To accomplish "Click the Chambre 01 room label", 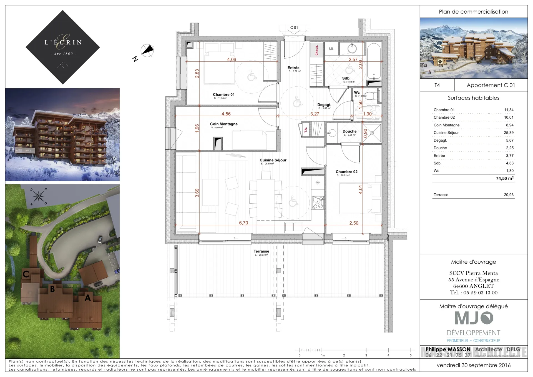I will coord(223,94).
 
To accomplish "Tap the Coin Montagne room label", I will coord(224,124).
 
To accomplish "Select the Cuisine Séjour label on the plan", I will coord(273,160).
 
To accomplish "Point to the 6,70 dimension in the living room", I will coord(243,223).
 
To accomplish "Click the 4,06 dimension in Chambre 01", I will coord(232,59).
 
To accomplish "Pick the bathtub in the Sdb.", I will coord(374,61).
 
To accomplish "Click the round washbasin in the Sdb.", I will coord(352,49).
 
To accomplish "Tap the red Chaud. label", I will coord(317,50).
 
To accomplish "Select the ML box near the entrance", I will coord(331,49).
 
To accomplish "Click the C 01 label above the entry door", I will coord(294,28).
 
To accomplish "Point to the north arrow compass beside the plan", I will coord(147,51).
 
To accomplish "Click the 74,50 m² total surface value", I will coord(505,178).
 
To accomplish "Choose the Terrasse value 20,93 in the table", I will coord(509,195).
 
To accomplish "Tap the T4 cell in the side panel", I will coord(437,85).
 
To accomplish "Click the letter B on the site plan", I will coord(52,289).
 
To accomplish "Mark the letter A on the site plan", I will coord(87,298).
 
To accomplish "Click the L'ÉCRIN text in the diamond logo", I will coord(63,43).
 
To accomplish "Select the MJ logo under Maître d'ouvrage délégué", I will coord(474,318).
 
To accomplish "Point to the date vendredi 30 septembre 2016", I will coord(473,365).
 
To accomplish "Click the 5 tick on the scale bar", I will coord(411,355).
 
